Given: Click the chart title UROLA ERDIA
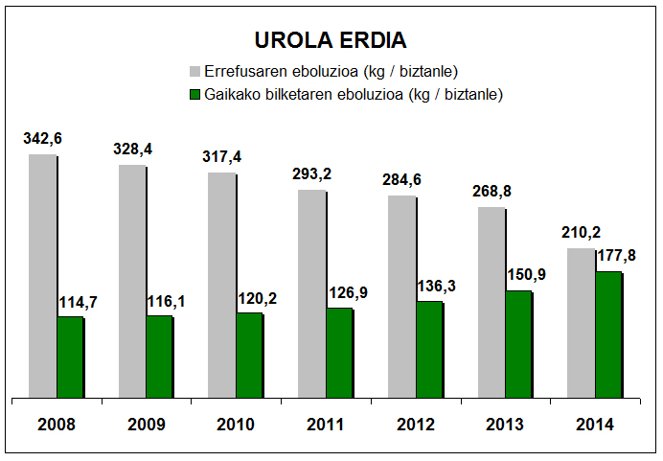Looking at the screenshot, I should (331, 40).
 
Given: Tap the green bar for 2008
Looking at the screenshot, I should (70, 357).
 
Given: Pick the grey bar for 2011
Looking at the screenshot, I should (311, 293).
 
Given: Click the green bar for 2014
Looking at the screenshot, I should (608, 334).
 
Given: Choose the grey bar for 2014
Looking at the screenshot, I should (581, 322).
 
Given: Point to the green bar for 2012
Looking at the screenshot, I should (429, 349).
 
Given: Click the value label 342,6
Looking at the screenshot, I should (42, 140).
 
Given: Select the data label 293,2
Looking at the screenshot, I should (311, 175).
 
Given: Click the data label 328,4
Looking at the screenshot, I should (132, 150).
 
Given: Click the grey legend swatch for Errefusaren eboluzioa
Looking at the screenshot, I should (195, 71).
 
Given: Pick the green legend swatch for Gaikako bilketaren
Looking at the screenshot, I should (195, 94).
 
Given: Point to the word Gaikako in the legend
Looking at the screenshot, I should (234, 94).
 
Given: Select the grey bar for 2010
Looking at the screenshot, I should (221, 285).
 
